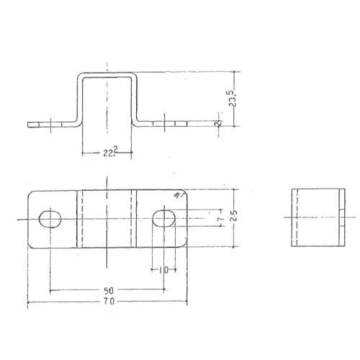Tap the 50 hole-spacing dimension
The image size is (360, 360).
click(108, 289)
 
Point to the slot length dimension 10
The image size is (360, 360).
click(163, 269)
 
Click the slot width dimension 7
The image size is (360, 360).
click(220, 217)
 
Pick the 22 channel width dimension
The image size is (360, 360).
click(108, 152)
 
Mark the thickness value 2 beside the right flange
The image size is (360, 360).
click(217, 123)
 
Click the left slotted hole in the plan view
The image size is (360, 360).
click(49, 217)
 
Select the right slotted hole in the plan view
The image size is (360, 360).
click(165, 217)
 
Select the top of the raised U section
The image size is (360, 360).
click(108, 74)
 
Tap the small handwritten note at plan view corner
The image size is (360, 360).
click(178, 195)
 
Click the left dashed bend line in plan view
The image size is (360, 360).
click(80, 217)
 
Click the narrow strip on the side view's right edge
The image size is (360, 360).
click(341, 217)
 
